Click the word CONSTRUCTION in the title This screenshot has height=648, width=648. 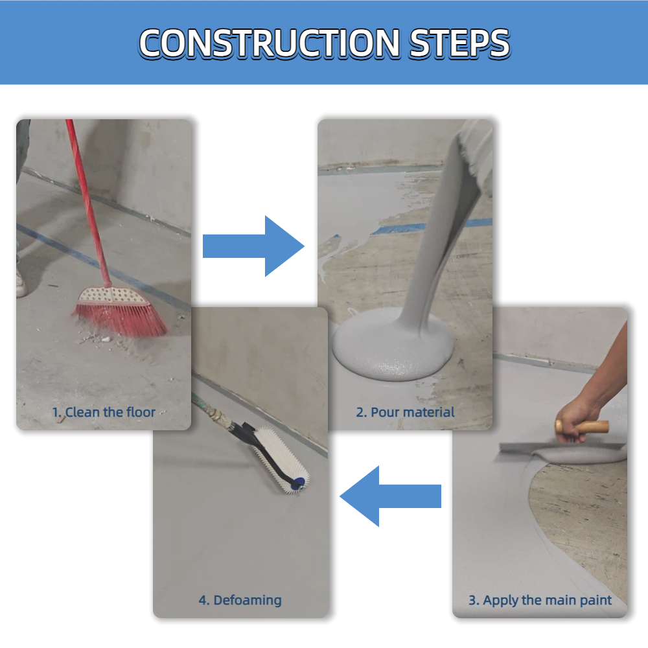269,43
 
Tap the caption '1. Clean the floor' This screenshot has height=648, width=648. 104,412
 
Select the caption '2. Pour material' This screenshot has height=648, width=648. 405,412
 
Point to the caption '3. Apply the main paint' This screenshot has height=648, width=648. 540,600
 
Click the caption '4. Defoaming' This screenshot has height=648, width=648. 240,600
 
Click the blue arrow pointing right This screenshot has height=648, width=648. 253,246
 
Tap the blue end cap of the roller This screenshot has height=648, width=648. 299,483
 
